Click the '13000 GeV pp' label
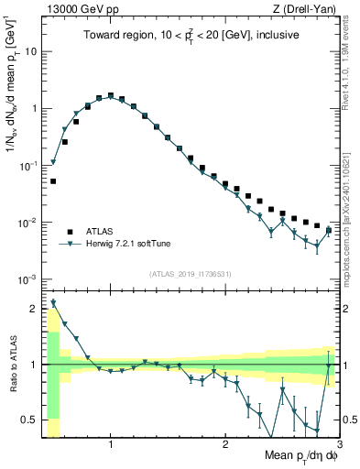[75, 9]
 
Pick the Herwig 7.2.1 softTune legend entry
[127, 244]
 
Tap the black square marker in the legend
[70, 231]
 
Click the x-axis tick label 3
[338, 445]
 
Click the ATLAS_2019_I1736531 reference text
[191, 274]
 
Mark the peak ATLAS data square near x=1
[111, 94]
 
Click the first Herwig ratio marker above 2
[53, 302]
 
